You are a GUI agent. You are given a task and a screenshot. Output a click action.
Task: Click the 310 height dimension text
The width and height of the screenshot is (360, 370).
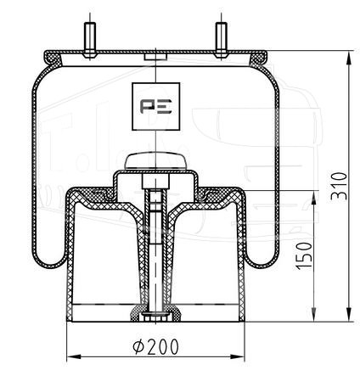(x=339, y=186)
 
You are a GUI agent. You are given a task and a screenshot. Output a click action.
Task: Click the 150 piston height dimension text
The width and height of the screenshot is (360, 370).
(x=304, y=255)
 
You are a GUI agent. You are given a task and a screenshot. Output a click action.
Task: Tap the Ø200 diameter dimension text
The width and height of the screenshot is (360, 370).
(x=156, y=346)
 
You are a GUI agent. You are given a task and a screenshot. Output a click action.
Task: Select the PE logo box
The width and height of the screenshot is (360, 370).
(x=156, y=106)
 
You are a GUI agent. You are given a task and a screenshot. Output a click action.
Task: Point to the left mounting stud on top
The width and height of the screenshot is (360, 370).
(x=90, y=40)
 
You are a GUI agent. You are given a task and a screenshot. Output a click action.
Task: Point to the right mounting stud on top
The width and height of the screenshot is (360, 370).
(x=221, y=40)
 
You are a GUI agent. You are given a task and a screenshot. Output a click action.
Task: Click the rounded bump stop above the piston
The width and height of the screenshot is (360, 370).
(x=155, y=162)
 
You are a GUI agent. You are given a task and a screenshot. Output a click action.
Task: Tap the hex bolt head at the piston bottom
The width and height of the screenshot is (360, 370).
(x=155, y=317)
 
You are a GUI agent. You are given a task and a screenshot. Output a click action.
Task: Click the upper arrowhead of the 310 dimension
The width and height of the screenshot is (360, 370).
(x=350, y=59)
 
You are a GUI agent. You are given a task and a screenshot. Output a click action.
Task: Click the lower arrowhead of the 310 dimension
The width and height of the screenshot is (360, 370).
(x=350, y=314)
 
